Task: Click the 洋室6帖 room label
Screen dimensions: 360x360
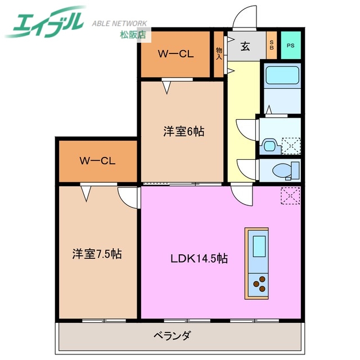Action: pos(183,132)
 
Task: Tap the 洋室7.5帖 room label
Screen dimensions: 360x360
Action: pos(97,254)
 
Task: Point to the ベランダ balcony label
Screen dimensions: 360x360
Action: pos(172,336)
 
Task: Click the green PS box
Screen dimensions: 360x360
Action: pos(290,46)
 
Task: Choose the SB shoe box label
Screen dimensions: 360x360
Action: pos(271,46)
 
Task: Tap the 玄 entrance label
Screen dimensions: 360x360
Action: pos(246,46)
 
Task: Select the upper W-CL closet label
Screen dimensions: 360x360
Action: pos(175,54)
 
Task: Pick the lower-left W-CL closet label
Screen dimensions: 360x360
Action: pos(97,161)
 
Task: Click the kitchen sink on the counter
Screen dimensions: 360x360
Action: pos(259,245)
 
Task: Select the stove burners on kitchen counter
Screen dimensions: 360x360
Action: pos(259,285)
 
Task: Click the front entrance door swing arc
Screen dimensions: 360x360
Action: pos(245,15)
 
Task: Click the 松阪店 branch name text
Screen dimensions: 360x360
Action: pos(133,35)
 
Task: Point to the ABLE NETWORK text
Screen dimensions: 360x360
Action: pos(119,24)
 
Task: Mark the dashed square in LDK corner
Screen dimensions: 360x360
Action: pos(290,195)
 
